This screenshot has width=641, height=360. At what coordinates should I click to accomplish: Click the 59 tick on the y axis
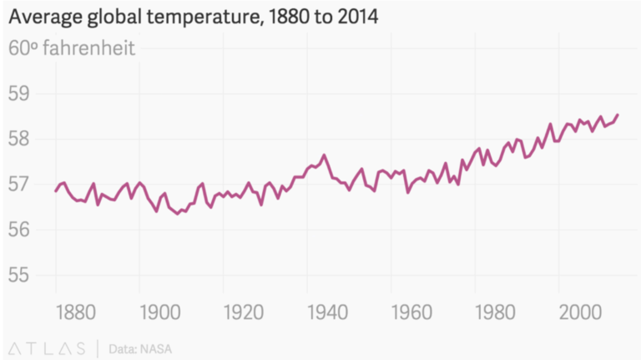[x=19, y=93]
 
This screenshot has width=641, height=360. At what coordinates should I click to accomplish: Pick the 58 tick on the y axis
[x=19, y=138]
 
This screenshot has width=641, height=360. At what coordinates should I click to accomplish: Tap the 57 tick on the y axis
[x=19, y=184]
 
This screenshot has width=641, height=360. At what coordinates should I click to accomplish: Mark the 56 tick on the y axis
[x=19, y=229]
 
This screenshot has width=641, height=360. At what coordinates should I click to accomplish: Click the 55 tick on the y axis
[x=19, y=275]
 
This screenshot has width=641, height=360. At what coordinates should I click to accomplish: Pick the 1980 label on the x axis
[x=495, y=312]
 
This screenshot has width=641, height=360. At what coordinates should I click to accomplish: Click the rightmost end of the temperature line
[x=618, y=114]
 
